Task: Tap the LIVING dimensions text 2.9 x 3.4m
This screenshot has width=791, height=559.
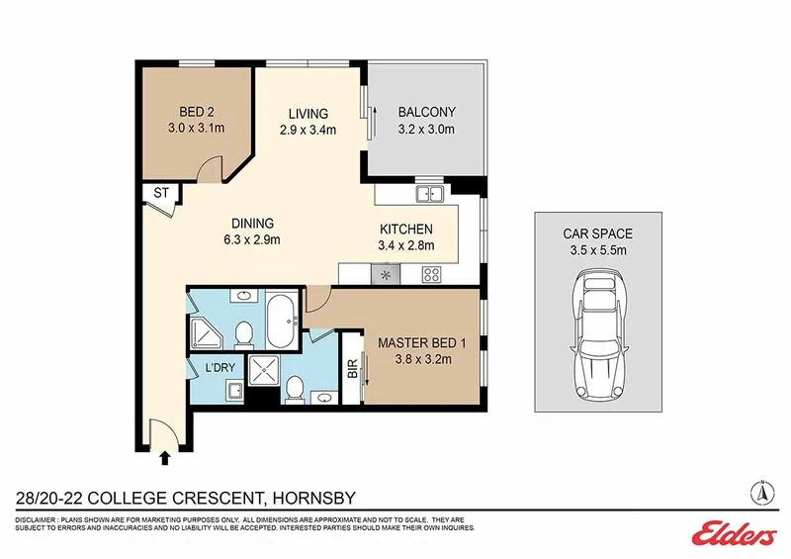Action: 308,131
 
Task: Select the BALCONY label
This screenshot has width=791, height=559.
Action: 426,112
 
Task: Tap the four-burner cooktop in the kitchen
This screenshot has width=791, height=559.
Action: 431,275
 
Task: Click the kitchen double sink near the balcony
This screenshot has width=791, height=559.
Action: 430,194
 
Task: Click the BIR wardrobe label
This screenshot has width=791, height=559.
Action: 351,367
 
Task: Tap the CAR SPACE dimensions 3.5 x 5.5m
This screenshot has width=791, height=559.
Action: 597,251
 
